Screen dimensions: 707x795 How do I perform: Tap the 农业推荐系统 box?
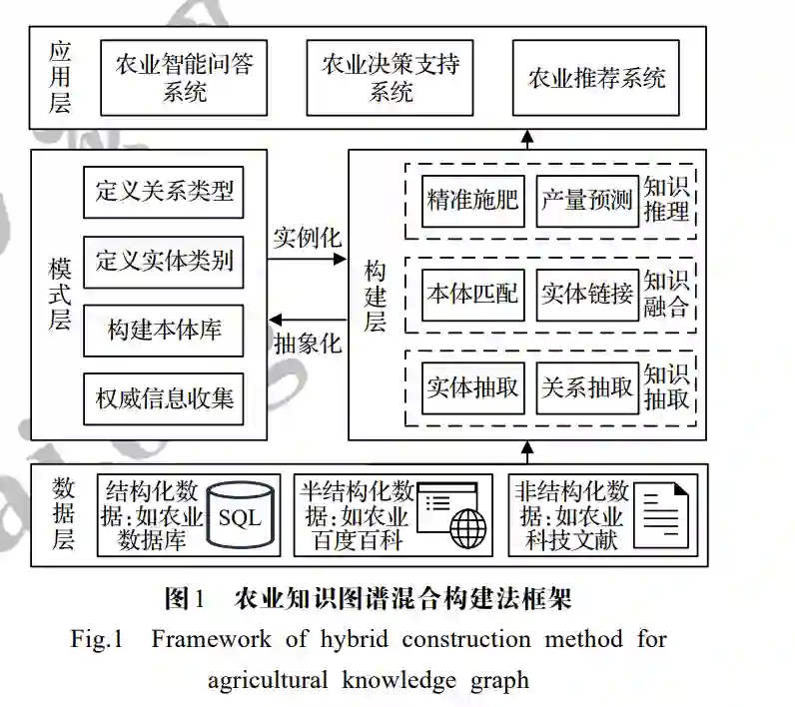tap(595, 78)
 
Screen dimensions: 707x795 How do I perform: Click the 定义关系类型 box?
tap(163, 191)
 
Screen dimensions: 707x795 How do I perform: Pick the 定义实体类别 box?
tap(163, 261)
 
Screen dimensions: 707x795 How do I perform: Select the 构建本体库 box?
tap(163, 331)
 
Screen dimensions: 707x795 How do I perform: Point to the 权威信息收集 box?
tap(163, 399)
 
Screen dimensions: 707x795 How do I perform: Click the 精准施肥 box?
tap(471, 200)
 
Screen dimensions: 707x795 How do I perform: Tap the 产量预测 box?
tap(586, 200)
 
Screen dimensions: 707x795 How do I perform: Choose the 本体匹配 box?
tap(471, 295)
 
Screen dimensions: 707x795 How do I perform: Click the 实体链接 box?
tap(586, 295)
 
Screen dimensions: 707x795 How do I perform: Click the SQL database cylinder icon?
tap(239, 516)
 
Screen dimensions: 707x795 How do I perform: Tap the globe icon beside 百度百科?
tap(465, 527)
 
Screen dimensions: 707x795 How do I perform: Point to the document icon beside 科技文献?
tap(664, 513)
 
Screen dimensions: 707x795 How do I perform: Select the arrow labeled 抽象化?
tap(307, 320)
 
